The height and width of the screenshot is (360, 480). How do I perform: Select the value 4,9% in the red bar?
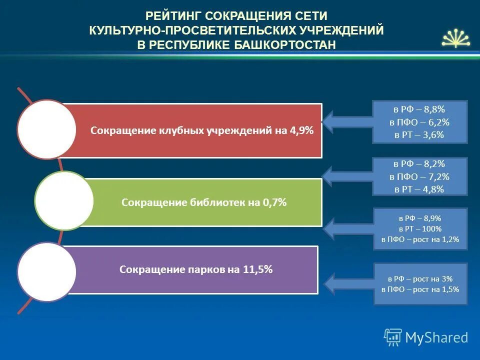tap(301, 130)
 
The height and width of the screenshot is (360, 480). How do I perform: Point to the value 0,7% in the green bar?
tap(274, 202)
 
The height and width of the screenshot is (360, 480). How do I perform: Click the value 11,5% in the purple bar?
tap(257, 269)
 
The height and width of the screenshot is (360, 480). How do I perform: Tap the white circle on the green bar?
tap(64, 200)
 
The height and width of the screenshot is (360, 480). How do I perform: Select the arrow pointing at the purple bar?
tap(347, 282)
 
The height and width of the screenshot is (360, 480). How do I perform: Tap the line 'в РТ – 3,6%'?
tap(419, 135)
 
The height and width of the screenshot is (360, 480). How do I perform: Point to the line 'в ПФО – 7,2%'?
tap(419, 176)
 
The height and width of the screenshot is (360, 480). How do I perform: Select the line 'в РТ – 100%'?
tap(419, 228)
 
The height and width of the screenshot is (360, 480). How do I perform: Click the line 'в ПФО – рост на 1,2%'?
tap(419, 239)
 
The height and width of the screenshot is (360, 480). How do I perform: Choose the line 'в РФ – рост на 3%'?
tap(420, 278)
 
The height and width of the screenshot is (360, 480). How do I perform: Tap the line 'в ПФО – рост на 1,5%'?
tap(420, 289)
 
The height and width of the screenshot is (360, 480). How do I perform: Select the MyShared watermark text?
tap(436, 337)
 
